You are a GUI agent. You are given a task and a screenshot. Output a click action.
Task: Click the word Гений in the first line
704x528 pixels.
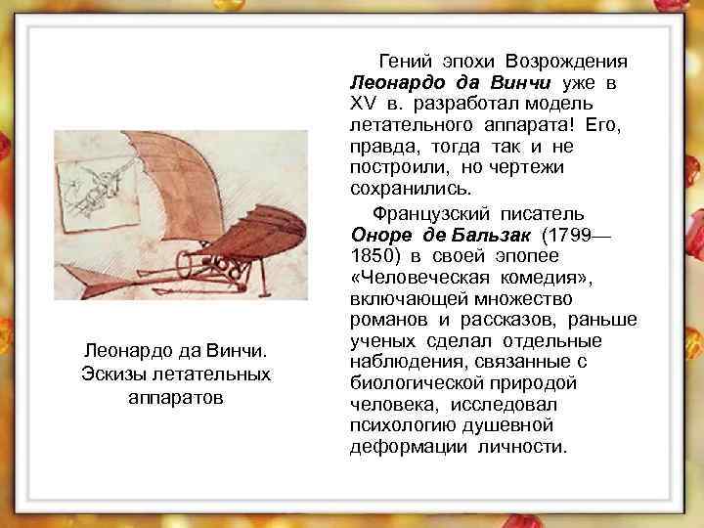pyautogui.click(x=401, y=60)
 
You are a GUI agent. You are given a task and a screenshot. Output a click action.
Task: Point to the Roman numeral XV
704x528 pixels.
pyautogui.click(x=363, y=103)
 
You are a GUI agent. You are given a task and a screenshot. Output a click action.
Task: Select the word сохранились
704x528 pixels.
pyautogui.click(x=401, y=189)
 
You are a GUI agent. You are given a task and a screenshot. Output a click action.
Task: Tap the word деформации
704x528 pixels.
pyautogui.click(x=398, y=449)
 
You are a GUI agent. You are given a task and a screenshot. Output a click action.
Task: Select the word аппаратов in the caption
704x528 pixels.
pyautogui.click(x=175, y=397)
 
